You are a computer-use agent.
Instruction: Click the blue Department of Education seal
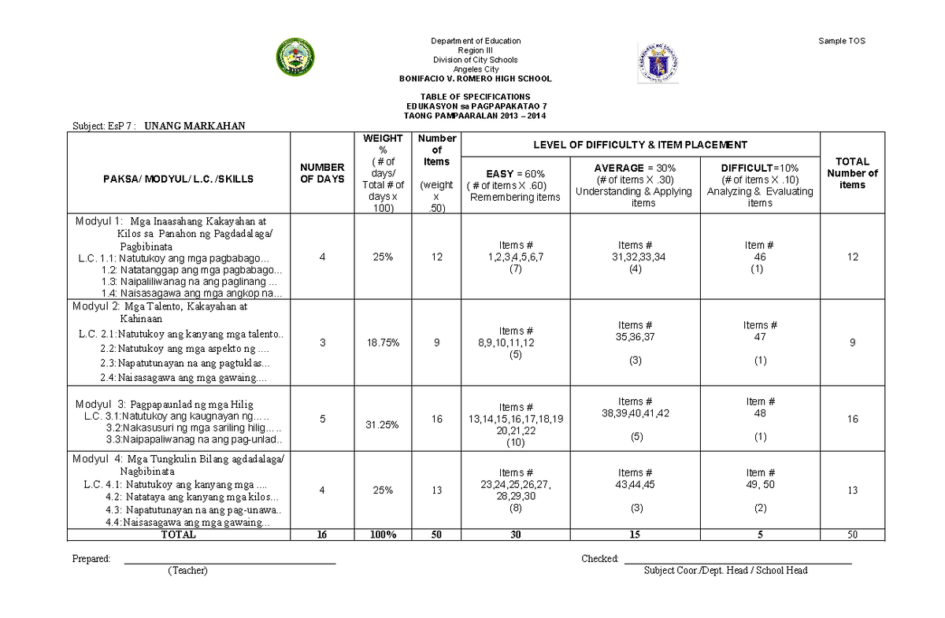tap(658, 63)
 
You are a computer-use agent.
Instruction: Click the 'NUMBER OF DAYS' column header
tap(322, 173)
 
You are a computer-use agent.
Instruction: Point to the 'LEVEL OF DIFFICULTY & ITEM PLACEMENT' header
tap(640, 145)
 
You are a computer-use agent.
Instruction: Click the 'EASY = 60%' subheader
tap(516, 173)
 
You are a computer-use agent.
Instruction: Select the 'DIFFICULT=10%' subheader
tap(759, 168)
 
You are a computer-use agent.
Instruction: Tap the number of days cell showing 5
tap(322, 419)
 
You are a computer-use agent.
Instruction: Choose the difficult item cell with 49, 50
tap(760, 484)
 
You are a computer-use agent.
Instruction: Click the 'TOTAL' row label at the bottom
tap(179, 535)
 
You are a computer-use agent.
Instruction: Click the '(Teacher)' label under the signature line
tap(187, 571)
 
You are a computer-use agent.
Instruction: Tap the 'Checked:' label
tap(600, 559)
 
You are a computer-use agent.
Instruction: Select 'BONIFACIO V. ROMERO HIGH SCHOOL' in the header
tap(476, 79)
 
